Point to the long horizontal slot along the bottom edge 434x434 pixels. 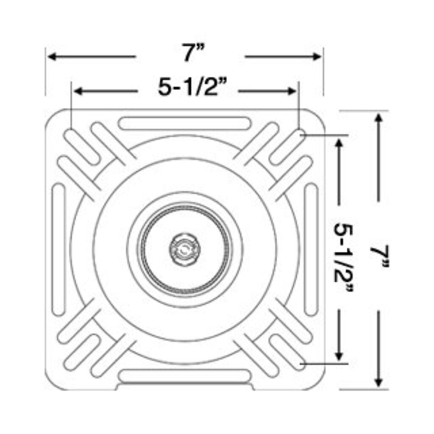[x=184, y=376]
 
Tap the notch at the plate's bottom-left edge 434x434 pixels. [x=119, y=387]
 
